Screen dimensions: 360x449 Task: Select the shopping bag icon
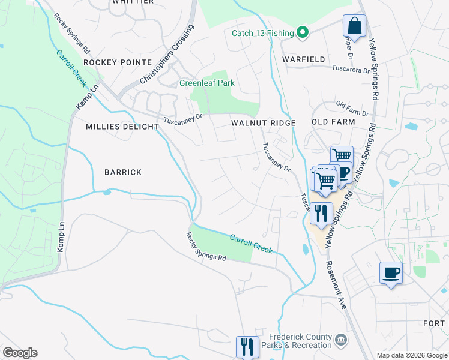354,26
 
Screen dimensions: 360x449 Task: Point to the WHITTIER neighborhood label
133,2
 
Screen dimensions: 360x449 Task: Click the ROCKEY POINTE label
118,62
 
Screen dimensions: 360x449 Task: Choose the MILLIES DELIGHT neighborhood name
122,127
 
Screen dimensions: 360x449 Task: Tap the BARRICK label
123,172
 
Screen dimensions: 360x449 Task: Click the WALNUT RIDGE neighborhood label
264,123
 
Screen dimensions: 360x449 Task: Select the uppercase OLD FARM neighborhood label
334,122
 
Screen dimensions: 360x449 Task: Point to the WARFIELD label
305,59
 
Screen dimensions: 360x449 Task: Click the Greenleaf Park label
207,83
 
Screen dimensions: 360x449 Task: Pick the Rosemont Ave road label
336,284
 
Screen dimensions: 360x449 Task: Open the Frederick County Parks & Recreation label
300,341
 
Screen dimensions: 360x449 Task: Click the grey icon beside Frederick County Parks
341,341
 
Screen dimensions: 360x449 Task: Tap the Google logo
20,353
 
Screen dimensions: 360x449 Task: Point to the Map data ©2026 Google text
412,355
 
